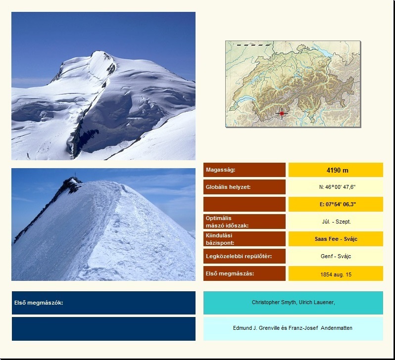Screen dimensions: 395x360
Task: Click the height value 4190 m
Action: tap(337, 171)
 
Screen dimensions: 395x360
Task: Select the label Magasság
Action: tap(220, 170)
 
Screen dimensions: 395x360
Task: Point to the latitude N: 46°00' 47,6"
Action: tap(337, 187)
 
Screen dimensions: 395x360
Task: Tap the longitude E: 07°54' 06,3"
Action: tap(338, 204)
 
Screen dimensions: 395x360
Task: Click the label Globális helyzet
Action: tap(228, 187)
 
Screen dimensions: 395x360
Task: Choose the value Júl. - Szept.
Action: tap(336, 222)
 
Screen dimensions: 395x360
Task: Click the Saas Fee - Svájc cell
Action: tap(336, 239)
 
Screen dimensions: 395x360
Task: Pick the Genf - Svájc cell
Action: tap(336, 256)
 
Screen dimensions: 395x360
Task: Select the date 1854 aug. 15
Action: tap(336, 274)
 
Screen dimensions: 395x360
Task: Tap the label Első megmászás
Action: tap(230, 273)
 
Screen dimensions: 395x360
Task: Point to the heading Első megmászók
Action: tap(39, 303)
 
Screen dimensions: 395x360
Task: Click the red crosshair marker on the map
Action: tap(282, 113)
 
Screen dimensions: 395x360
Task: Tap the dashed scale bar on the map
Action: tap(253, 45)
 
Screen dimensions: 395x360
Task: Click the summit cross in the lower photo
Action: tap(75, 175)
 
